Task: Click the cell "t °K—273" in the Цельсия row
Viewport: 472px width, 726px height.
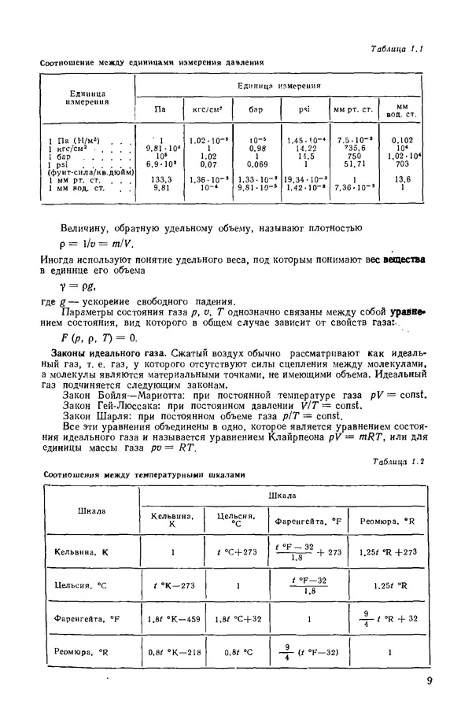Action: pyautogui.click(x=171, y=586)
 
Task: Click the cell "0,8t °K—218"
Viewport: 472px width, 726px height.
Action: pyautogui.click(x=171, y=652)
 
